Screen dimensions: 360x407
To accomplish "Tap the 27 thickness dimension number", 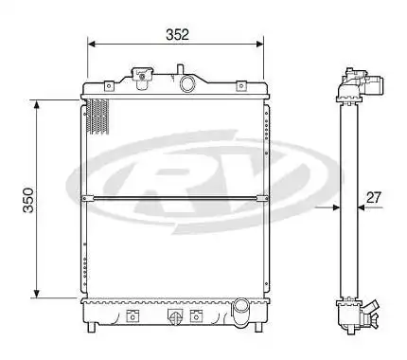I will coord(374,198).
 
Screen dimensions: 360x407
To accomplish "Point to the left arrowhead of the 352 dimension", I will coord(92,44).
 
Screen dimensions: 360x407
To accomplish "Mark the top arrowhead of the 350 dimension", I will coord(37,103).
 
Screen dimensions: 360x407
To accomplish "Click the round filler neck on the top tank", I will coord(187,84).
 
